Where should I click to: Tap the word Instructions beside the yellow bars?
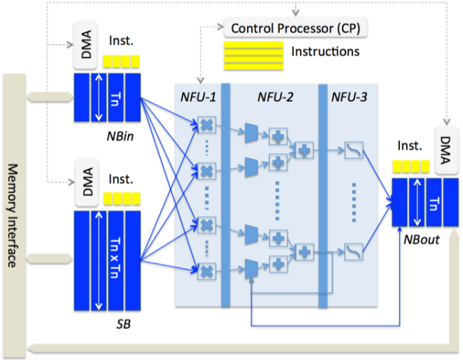coord(325,52)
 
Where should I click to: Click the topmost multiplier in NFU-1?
coord(207,125)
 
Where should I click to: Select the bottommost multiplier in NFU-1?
coord(207,269)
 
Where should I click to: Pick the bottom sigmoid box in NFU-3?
coord(353,252)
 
